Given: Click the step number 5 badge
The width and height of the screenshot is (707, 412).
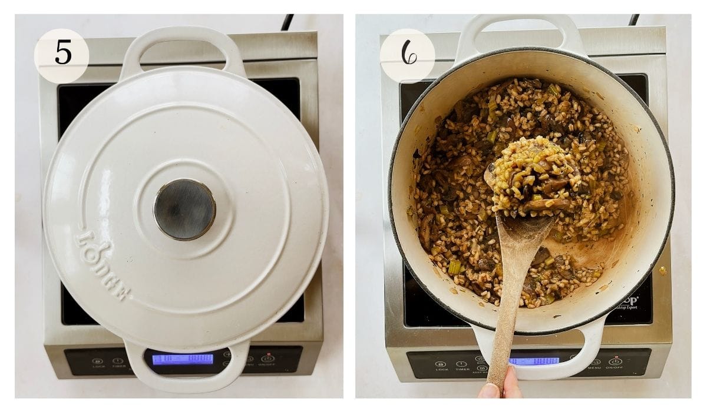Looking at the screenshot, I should (62, 55).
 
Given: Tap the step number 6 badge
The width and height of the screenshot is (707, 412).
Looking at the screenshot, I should (407, 55).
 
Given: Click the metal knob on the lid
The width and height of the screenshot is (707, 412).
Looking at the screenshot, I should (184, 209).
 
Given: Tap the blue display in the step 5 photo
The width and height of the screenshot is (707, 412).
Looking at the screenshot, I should (183, 358).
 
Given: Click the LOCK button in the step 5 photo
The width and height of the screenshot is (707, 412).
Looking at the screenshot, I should (98, 361).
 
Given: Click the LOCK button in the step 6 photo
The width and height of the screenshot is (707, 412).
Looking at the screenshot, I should (441, 365).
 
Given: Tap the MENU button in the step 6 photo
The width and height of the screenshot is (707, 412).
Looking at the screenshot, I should (595, 364).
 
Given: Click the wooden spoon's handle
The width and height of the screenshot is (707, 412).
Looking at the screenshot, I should (507, 306).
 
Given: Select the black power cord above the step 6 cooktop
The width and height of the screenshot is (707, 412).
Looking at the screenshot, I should (633, 20).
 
